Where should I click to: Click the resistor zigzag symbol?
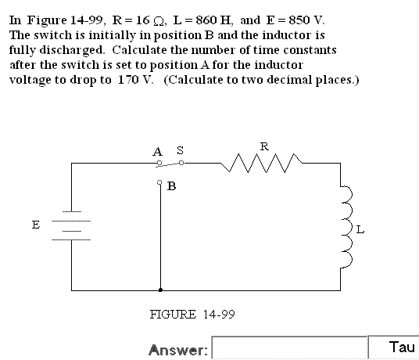tap(262, 163)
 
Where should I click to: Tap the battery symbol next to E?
tap(71, 225)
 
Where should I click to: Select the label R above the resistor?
tap(264, 146)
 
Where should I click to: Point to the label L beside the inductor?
tap(360, 229)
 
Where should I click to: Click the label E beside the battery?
tap(36, 225)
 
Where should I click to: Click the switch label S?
tap(181, 150)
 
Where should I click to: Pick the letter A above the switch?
tap(157, 152)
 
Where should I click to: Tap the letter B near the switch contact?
tap(171, 186)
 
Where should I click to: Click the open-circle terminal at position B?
tap(159, 182)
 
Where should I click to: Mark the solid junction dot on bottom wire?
tap(160, 290)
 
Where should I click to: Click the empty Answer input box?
tap(290, 347)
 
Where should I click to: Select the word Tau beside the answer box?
tap(402, 347)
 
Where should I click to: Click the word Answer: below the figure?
tap(178, 350)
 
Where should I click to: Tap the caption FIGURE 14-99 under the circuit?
tap(192, 315)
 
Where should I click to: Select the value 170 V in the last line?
tap(135, 80)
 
